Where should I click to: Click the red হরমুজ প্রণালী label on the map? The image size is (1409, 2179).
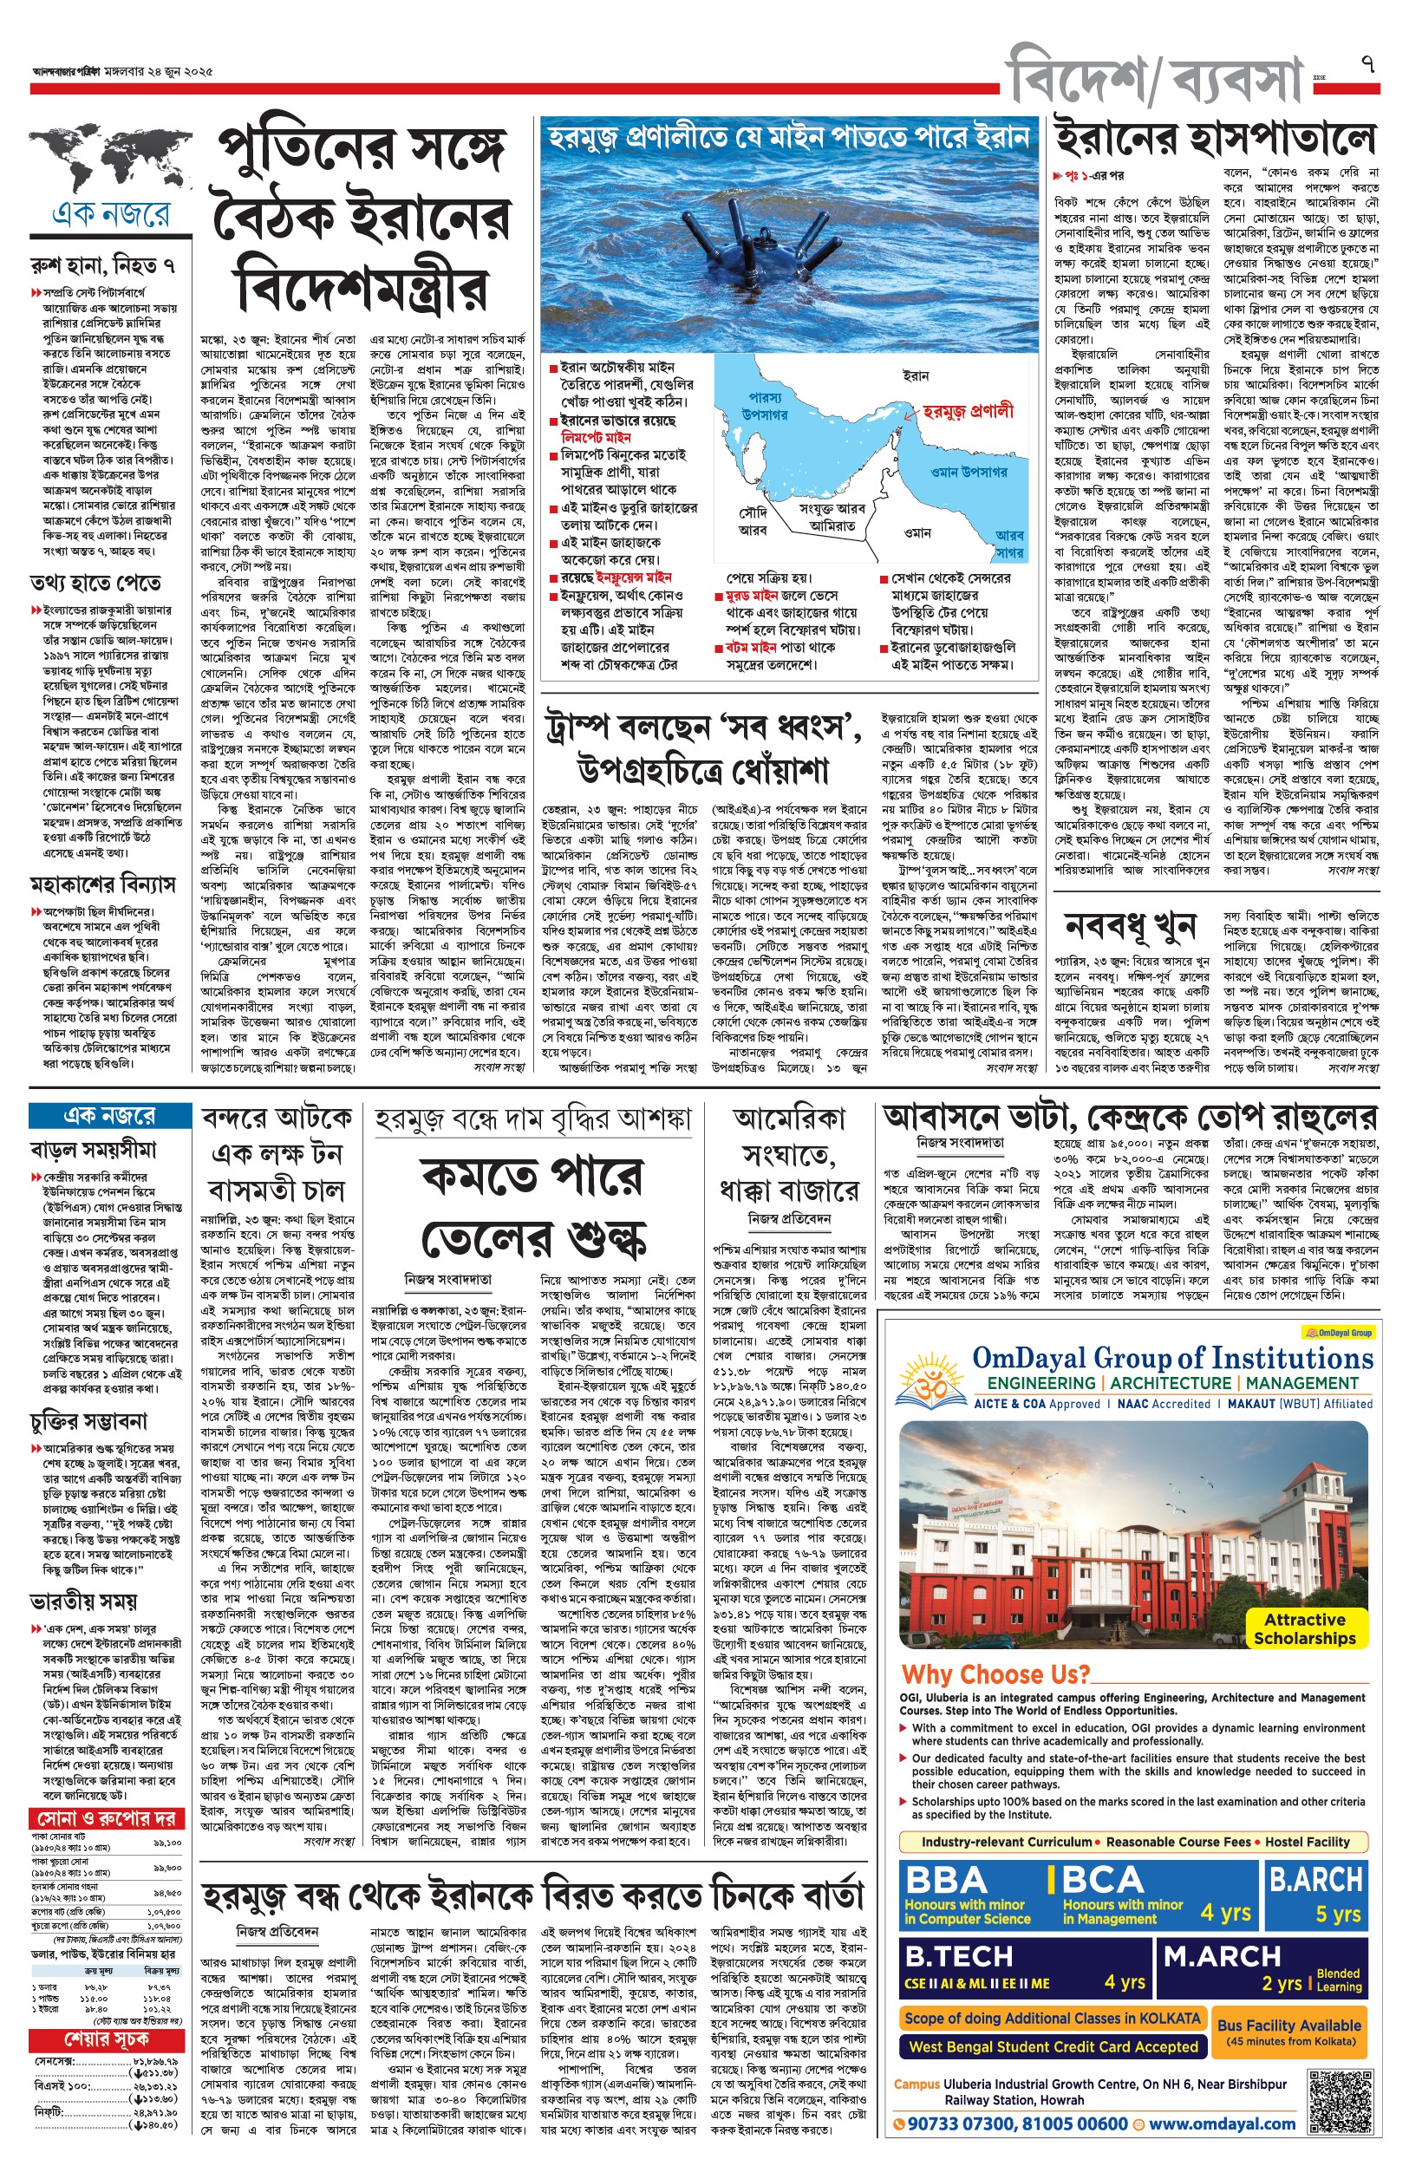pyautogui.click(x=968, y=411)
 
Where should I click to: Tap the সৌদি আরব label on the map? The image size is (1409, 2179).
pyautogui.click(x=752, y=522)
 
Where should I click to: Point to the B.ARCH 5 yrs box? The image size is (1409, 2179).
pyautogui.click(x=1315, y=1894)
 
